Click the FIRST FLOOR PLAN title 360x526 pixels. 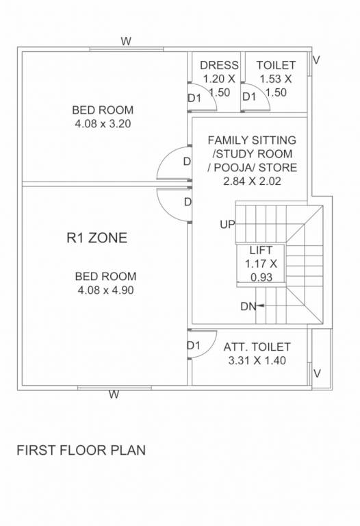tap(81, 451)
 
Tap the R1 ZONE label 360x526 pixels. tap(97, 238)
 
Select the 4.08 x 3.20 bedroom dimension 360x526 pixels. tap(103, 124)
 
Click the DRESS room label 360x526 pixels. tap(219, 65)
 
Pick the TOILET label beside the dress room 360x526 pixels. tap(276, 65)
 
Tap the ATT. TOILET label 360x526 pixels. tap(257, 347)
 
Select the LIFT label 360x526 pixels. tap(261, 250)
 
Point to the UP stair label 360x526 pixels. tap(227, 224)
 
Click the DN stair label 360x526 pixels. tap(248, 306)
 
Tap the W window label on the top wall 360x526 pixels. tap(126, 41)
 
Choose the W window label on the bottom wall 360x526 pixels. tap(114, 394)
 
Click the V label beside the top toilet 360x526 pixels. tap(316, 60)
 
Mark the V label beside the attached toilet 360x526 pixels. tap(317, 373)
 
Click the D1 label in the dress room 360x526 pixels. tap(194, 98)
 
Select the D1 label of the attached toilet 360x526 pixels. tap(193, 346)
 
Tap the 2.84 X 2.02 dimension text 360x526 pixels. tap(252, 181)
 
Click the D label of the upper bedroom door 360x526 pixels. tap(187, 162)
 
